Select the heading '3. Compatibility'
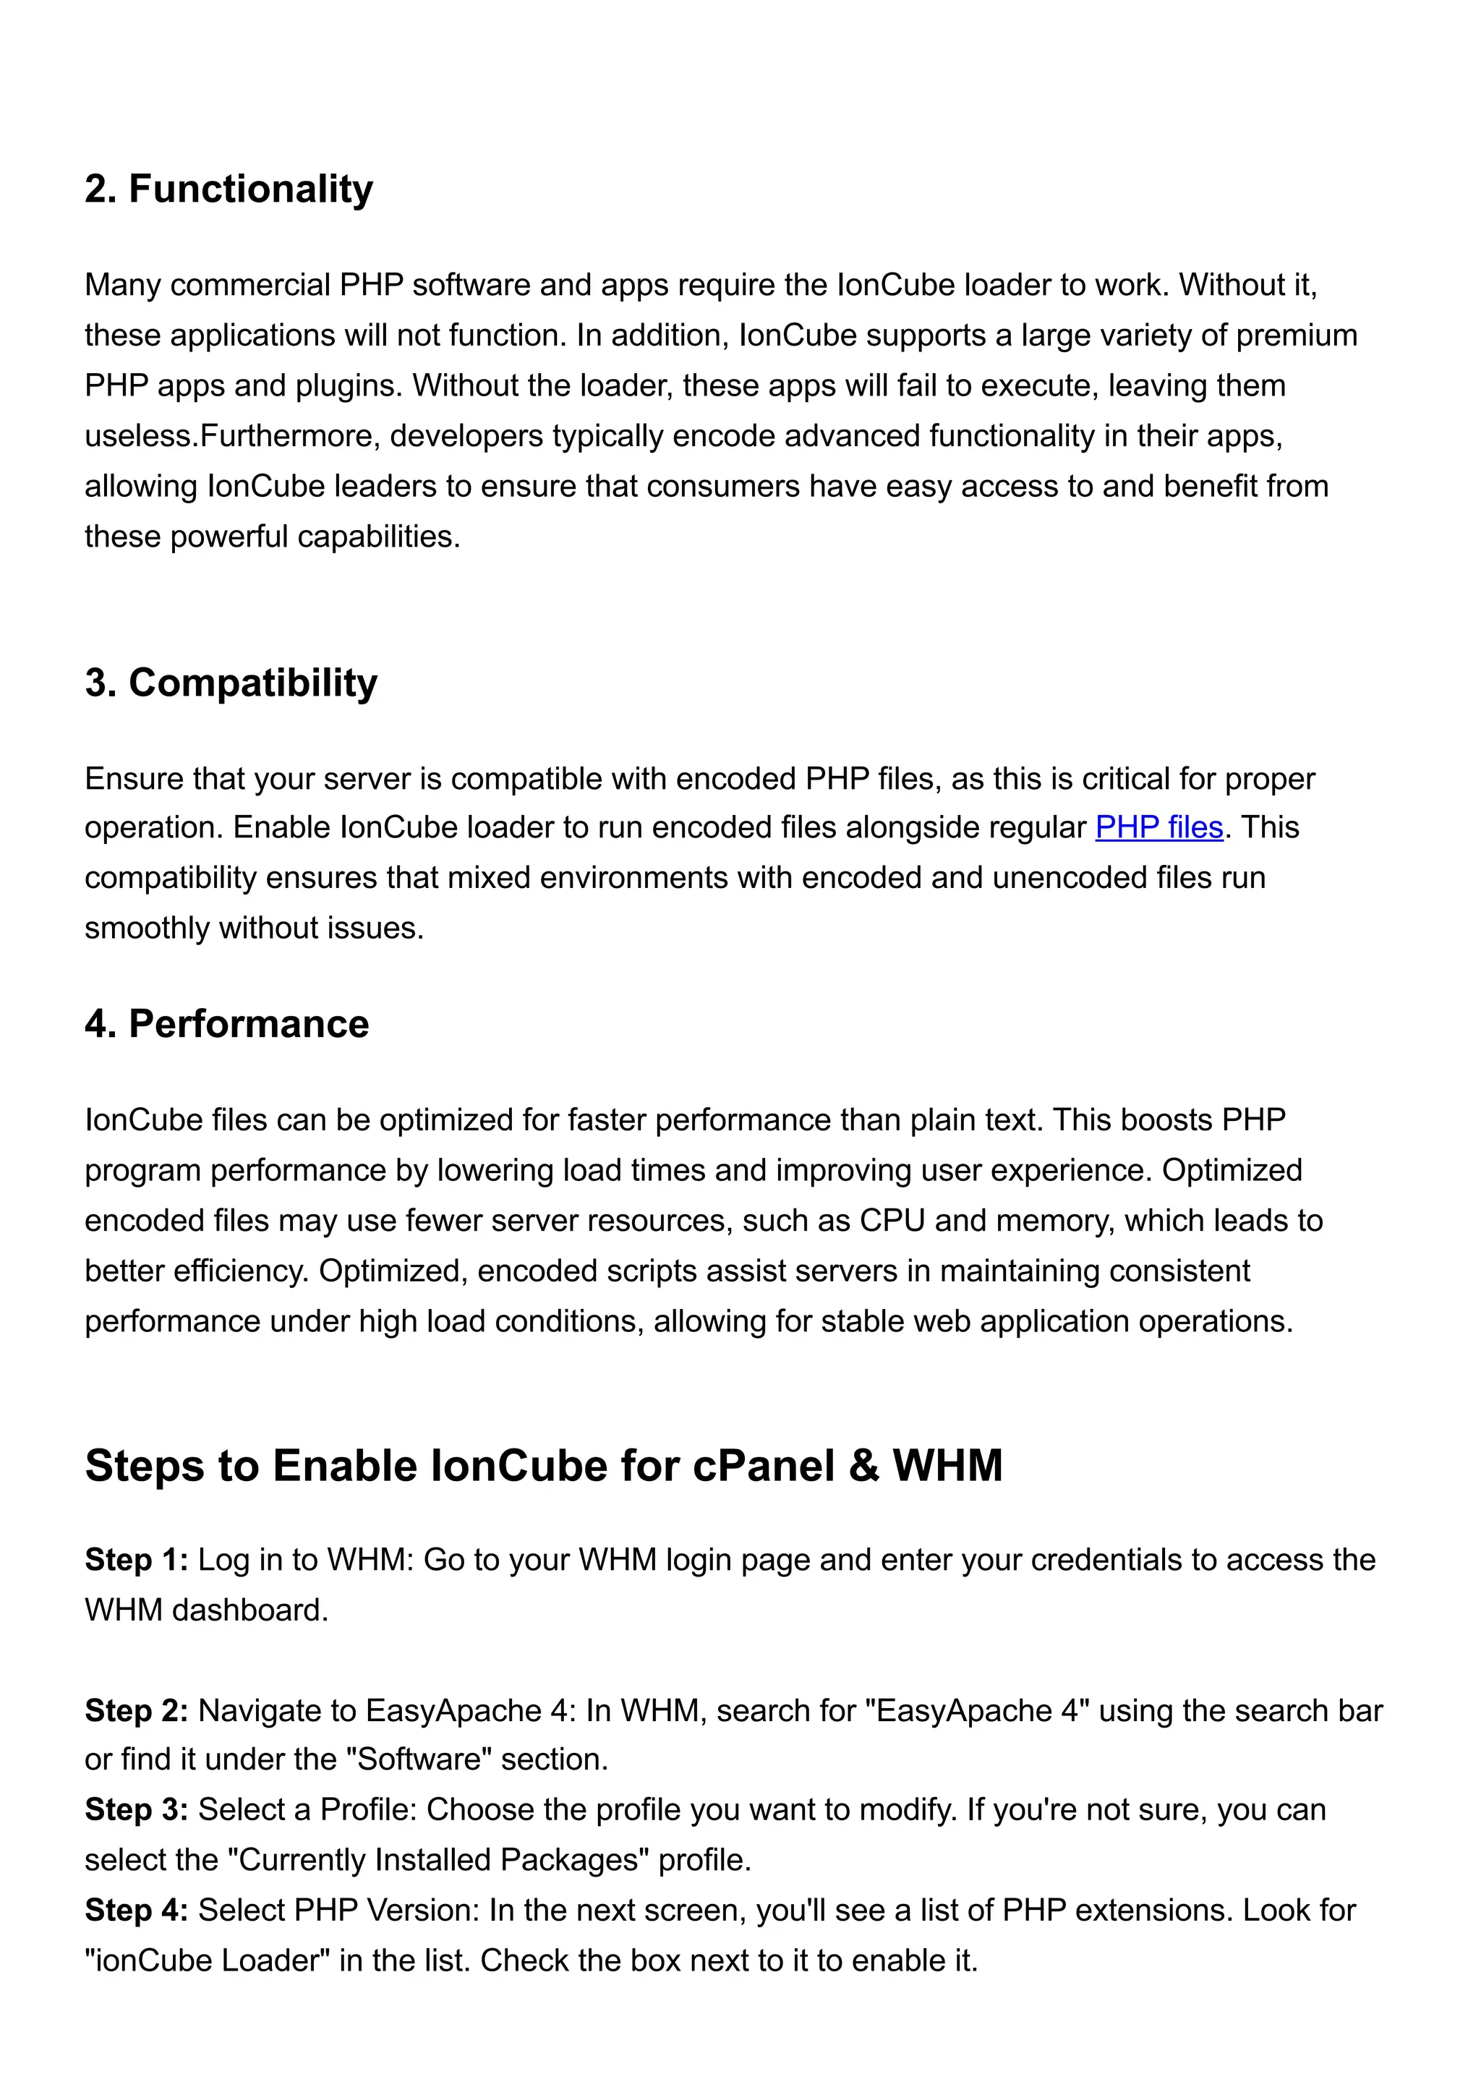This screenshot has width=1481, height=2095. click(231, 683)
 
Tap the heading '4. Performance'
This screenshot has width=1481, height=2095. click(226, 1024)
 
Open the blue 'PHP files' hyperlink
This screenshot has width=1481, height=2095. click(1159, 827)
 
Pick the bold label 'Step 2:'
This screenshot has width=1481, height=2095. click(136, 1710)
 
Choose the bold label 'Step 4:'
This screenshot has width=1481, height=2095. click(136, 1910)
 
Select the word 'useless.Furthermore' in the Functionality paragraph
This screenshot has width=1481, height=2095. click(232, 436)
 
